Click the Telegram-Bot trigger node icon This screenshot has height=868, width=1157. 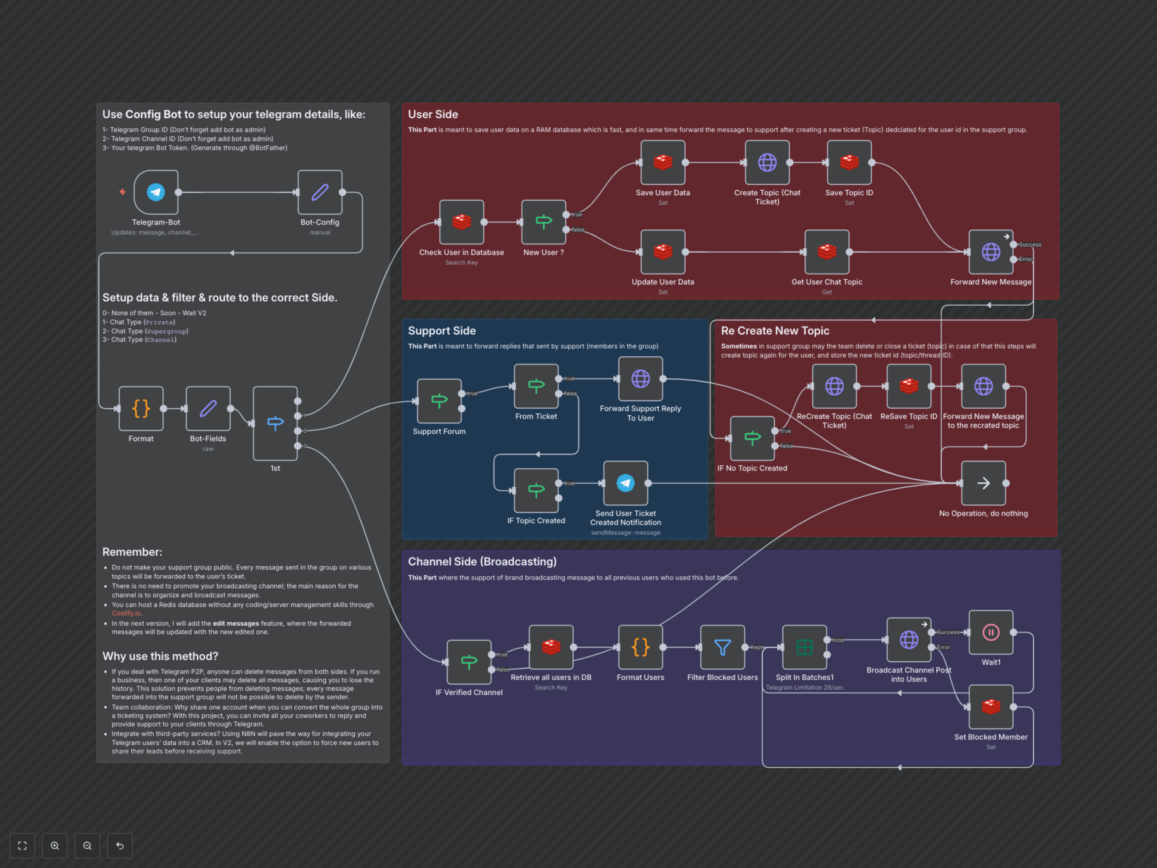tap(156, 192)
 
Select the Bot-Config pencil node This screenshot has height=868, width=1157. tap(320, 192)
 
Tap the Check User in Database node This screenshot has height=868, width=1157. tap(461, 222)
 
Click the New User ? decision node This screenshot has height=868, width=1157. tap(544, 222)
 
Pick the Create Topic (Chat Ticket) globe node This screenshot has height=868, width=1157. tap(767, 162)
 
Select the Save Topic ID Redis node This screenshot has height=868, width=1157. tap(849, 162)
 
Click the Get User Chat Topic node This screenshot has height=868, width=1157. tap(826, 252)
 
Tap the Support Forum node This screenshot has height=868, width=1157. tap(439, 401)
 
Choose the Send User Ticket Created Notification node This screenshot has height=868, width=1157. tap(626, 483)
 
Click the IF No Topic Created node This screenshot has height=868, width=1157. tap(752, 438)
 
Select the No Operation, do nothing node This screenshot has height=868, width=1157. tap(983, 483)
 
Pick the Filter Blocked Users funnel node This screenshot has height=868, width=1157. tap(722, 647)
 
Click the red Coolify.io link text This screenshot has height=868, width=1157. tap(126, 613)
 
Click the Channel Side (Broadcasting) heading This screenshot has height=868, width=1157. tap(482, 561)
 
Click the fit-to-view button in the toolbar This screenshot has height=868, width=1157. tap(22, 845)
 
